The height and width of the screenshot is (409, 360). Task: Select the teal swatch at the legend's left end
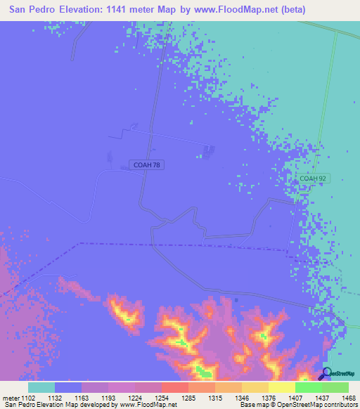pos(41,387)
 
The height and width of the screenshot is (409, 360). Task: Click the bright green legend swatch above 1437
pos(309,387)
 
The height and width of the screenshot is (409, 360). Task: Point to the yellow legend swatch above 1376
pos(255,387)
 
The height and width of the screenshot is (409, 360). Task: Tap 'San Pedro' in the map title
pos(32,10)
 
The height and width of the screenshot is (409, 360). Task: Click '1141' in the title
pos(141,10)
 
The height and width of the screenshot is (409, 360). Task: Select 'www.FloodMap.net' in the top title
pos(264,10)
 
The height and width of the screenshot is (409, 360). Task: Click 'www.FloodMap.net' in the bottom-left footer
pos(148,405)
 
